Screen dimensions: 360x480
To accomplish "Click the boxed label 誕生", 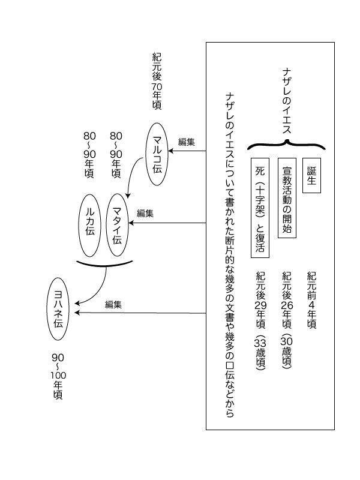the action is [x=311, y=175].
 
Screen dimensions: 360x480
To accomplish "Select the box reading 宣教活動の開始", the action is [x=287, y=198].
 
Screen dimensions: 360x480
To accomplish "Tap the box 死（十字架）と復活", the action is [x=260, y=208].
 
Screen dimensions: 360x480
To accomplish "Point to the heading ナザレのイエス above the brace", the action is [x=287, y=101].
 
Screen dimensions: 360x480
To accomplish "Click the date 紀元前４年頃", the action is [x=311, y=301].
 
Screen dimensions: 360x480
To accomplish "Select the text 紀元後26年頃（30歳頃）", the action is [x=287, y=320].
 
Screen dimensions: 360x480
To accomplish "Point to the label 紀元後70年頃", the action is [x=157, y=82].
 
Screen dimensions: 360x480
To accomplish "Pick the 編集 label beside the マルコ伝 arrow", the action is [x=187, y=142].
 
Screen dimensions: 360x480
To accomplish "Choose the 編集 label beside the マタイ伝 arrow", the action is [x=145, y=214].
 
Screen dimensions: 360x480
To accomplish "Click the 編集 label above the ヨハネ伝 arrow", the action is [x=113, y=305].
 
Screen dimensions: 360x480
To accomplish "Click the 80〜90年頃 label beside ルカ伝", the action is [x=89, y=155].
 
